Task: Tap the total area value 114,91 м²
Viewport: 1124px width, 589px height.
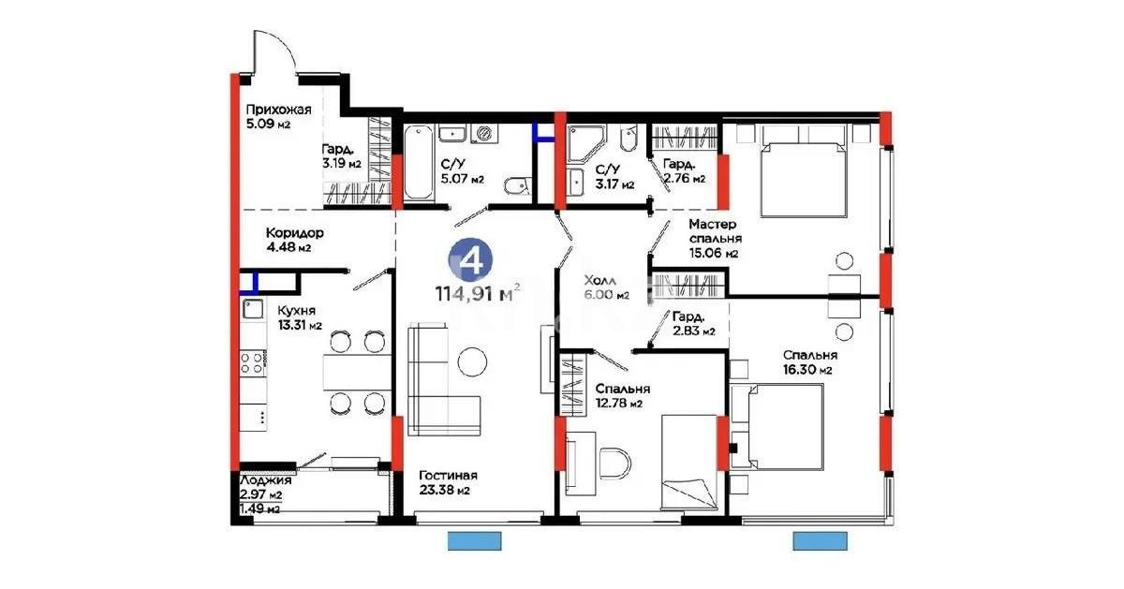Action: click(477, 293)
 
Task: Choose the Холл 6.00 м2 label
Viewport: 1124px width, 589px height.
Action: click(605, 287)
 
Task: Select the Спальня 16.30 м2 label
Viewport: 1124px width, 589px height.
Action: click(809, 362)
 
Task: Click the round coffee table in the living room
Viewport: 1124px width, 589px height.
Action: click(472, 362)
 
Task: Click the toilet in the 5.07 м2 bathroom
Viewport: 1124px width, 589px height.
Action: click(514, 187)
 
